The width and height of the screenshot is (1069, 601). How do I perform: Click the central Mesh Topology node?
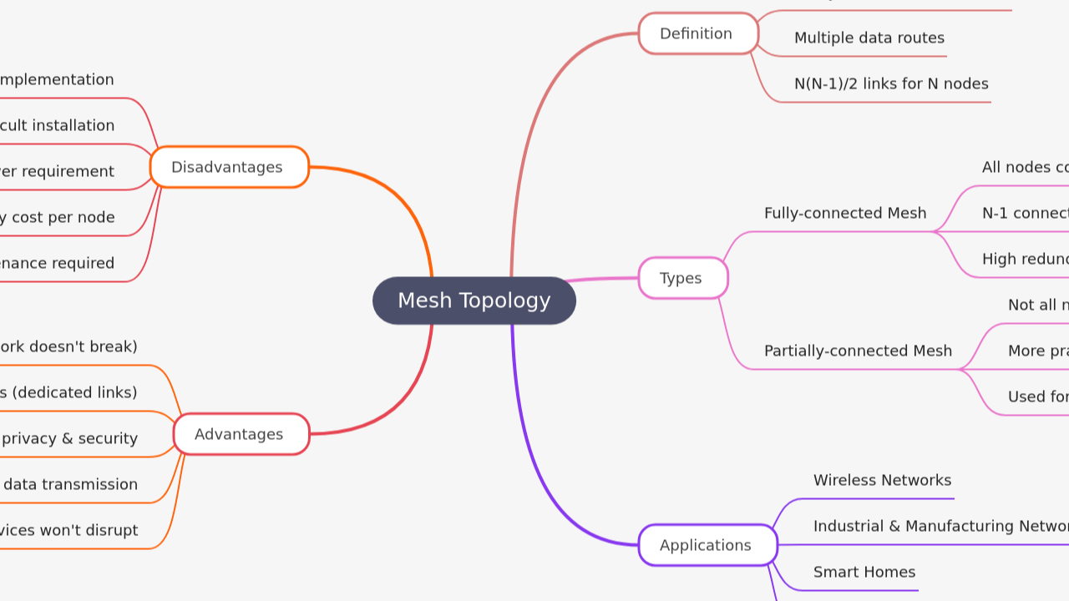pos(474,300)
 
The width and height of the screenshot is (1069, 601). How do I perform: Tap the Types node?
pos(682,278)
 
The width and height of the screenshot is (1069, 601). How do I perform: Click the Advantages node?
pos(241,434)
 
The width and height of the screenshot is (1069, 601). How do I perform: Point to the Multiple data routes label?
pos(869,38)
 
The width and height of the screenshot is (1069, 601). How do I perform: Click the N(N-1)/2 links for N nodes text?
pos(890,84)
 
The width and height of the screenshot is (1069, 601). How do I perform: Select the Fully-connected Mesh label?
pos(844,214)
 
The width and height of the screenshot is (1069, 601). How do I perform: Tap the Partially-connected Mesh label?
pos(857,351)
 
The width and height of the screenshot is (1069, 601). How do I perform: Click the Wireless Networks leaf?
pos(882,481)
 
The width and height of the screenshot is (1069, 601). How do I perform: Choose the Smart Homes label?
pos(864,573)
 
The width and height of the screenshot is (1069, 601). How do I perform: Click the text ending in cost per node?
pos(58,218)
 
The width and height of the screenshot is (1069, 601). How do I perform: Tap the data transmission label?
pos(70,485)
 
